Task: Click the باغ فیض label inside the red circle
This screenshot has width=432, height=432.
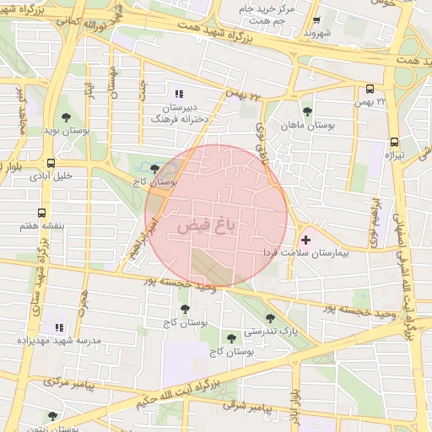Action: (207, 227)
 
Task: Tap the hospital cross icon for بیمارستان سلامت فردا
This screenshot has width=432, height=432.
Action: (305, 240)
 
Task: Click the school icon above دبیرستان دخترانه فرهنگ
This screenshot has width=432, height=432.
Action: (177, 94)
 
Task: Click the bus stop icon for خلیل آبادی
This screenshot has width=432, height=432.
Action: (51, 163)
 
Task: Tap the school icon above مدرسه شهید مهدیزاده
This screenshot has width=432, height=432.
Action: (58, 327)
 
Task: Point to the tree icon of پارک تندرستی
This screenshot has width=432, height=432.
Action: (270, 318)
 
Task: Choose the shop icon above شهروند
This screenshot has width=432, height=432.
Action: (316, 21)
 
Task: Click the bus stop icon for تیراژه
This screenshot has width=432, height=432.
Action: (394, 143)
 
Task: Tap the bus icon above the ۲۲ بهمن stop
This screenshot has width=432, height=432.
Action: (370, 89)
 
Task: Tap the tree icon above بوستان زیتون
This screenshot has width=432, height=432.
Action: (52, 415)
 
